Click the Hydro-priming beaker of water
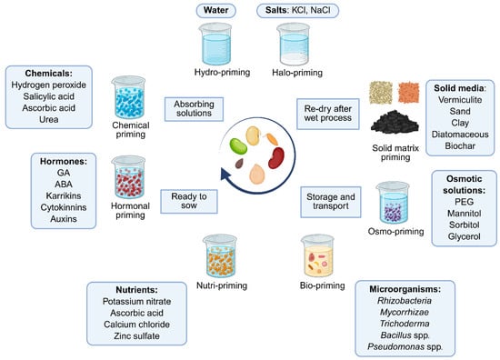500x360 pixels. pos(215,44)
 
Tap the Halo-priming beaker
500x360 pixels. pos(294,44)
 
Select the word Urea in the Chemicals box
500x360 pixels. pos(49,120)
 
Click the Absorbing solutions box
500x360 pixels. pos(194,109)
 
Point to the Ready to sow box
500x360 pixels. pos(189,201)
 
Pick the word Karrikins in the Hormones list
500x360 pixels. pos(64,195)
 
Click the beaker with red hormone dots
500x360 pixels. pos(128,177)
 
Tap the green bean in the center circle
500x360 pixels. pos(238,146)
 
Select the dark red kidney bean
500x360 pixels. pos(276,157)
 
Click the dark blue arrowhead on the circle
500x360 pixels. pos(225,175)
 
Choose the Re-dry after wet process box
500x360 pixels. pos(328,114)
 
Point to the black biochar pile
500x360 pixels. pos(395,121)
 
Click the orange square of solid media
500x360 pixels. pos(408,93)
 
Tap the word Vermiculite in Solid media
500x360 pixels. pos(460,100)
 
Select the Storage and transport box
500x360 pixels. pos(331,202)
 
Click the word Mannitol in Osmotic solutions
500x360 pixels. pos(464,214)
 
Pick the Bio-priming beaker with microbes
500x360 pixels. pos(318,255)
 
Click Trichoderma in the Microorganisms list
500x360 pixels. pos(405,324)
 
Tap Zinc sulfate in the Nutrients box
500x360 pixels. pos(136,335)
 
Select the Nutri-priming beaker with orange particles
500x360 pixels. pos(220,255)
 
